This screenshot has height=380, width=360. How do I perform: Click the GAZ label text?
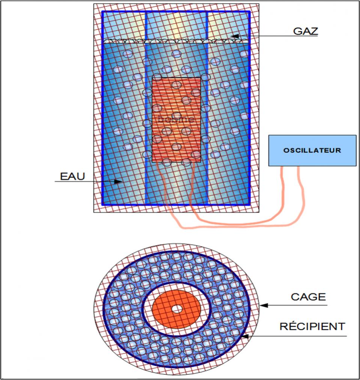[305, 30]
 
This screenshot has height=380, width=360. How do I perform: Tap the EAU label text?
[70, 176]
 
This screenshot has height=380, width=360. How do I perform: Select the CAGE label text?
[308, 297]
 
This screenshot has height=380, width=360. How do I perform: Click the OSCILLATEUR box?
[312, 150]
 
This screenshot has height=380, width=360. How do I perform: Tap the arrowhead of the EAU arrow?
[120, 182]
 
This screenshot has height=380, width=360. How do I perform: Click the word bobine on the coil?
[176, 120]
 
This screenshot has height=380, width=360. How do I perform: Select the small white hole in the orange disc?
[176, 309]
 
